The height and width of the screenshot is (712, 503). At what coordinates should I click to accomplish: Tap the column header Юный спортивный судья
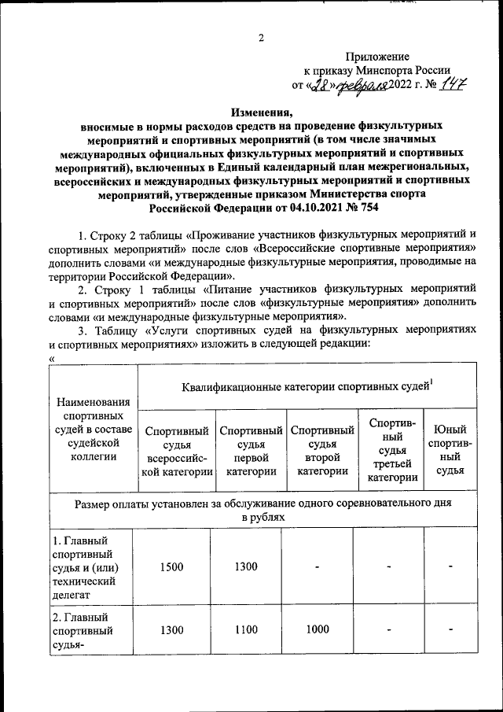pyautogui.click(x=450, y=450)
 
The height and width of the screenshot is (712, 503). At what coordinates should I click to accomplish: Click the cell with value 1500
pyautogui.click(x=171, y=565)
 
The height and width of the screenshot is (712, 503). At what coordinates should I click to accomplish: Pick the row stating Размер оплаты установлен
pyautogui.click(x=263, y=509)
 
